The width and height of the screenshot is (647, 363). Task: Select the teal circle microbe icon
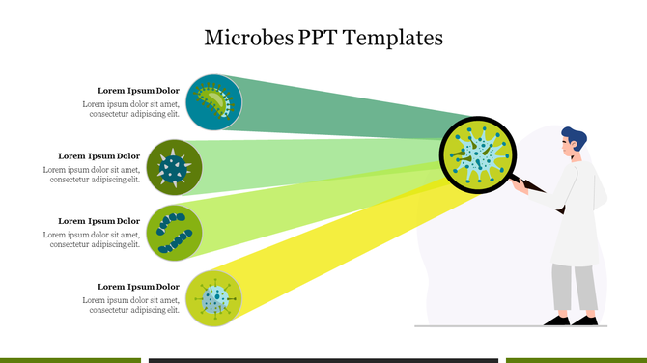click(213, 102)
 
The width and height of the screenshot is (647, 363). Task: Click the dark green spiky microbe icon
click(174, 167)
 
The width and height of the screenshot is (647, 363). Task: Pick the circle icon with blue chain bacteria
click(174, 233)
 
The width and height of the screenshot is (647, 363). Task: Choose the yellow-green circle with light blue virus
click(213, 297)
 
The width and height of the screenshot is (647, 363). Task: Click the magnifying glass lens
click(478, 154)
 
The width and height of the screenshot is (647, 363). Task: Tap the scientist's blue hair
click(574, 136)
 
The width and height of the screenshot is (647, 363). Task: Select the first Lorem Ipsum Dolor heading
click(138, 91)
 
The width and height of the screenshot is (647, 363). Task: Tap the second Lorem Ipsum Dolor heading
click(98, 155)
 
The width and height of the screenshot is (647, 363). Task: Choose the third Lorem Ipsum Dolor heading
click(98, 221)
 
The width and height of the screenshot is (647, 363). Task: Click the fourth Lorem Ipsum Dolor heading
click(138, 287)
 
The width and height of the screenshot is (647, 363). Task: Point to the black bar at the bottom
click(323, 360)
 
